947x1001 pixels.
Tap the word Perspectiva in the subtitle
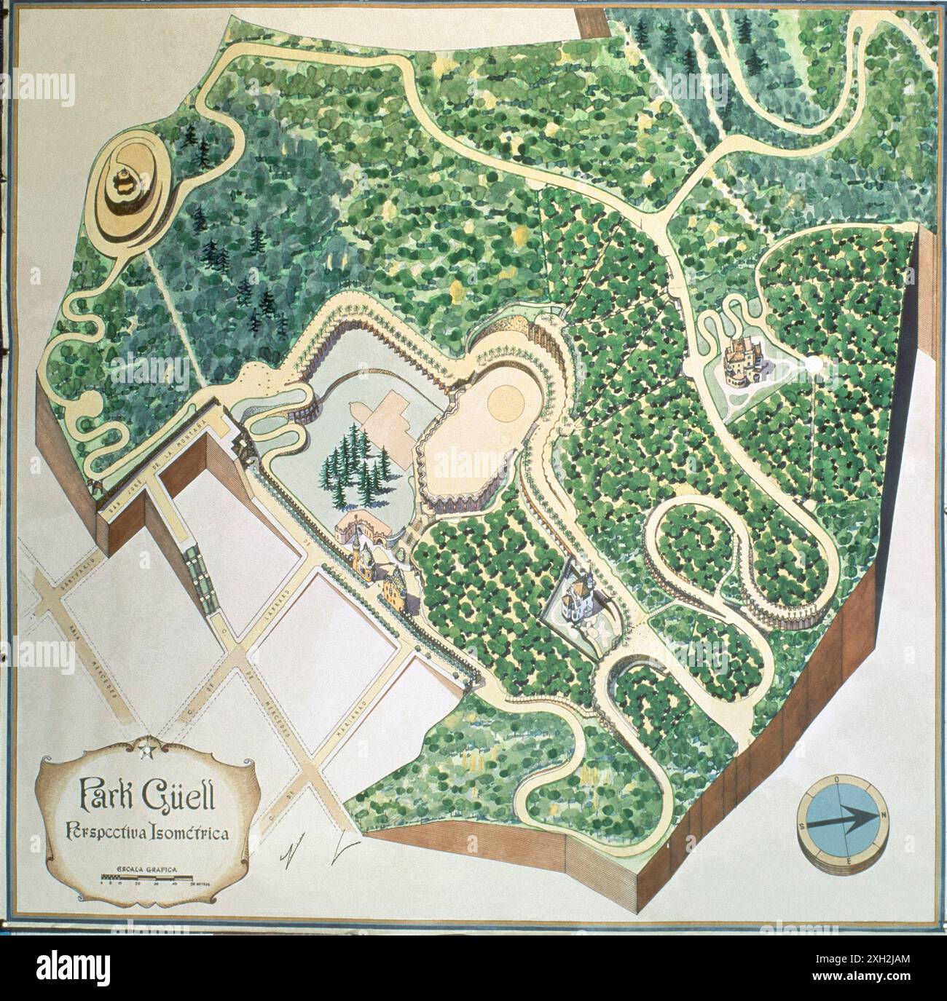106,831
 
